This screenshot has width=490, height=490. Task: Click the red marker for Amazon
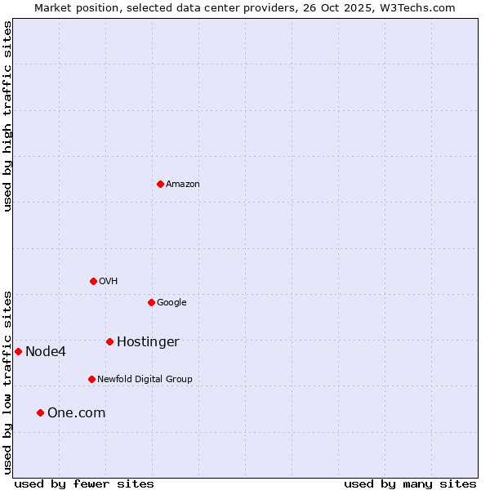tap(160, 184)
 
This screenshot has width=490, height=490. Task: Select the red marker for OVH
tap(93, 281)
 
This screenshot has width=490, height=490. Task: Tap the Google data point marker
tap(151, 302)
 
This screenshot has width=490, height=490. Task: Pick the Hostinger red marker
tap(109, 341)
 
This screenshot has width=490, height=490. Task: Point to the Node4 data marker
tap(18, 351)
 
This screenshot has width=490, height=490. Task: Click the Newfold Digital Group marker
tap(91, 379)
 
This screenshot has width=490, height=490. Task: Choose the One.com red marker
tap(40, 412)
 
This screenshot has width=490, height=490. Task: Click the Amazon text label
tap(183, 185)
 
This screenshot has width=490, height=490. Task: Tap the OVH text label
tap(109, 282)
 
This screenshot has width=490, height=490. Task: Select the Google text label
tap(171, 303)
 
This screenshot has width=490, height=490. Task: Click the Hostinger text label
tap(148, 342)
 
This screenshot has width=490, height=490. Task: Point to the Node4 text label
tap(46, 352)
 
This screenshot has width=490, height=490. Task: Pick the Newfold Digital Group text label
tap(145, 380)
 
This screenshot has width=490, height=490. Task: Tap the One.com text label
tap(76, 413)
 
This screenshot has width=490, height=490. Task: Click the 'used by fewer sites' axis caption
tap(84, 483)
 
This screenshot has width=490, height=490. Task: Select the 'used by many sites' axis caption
tap(410, 483)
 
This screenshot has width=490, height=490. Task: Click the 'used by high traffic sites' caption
tap(7, 116)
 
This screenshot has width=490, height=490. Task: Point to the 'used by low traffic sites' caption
tap(7, 382)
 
